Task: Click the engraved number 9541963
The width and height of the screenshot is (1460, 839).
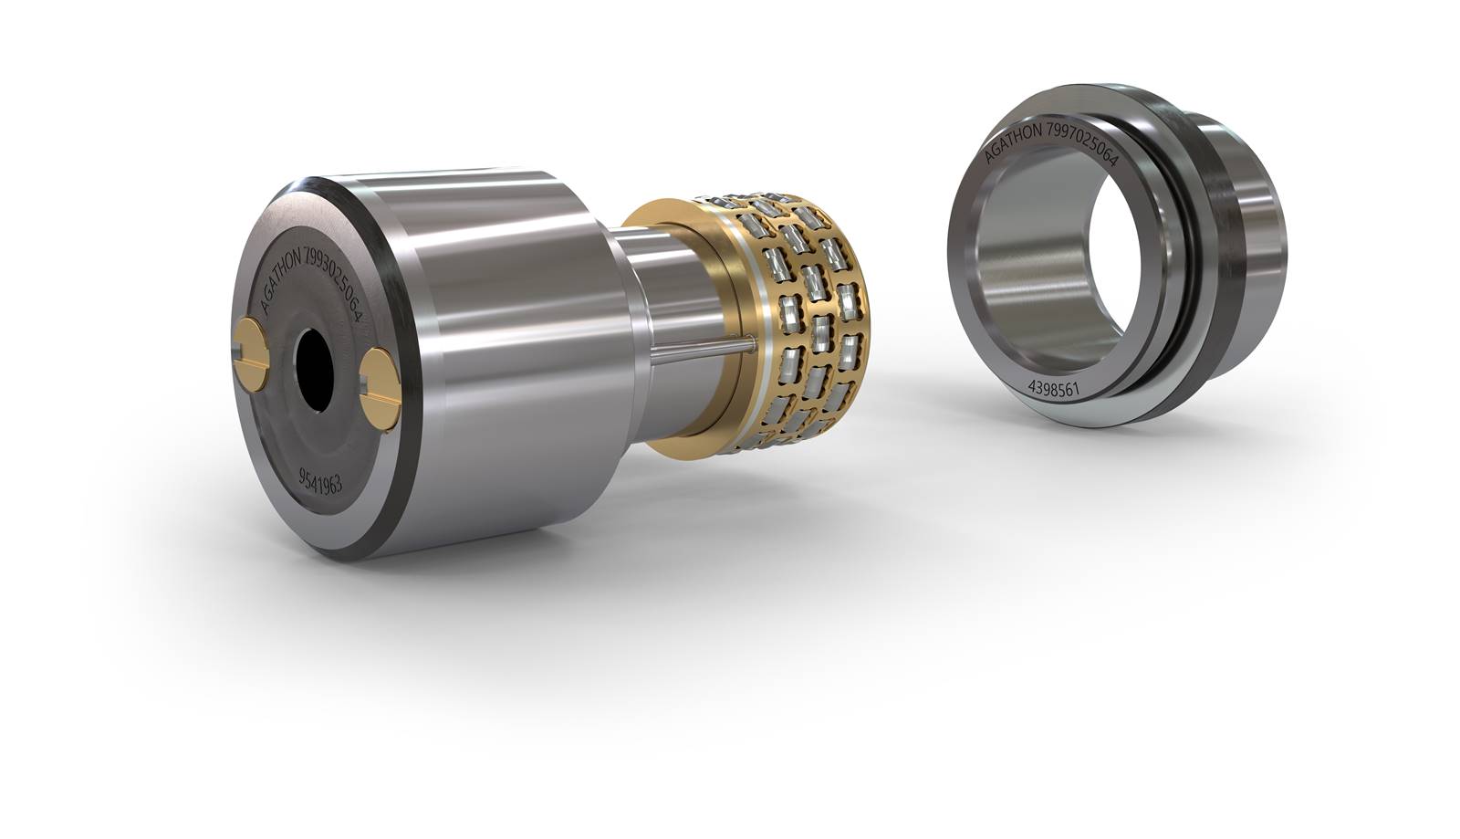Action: click(320, 481)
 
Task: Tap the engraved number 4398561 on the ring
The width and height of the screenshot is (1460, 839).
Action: click(1054, 389)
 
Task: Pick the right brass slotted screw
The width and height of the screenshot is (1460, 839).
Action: click(380, 389)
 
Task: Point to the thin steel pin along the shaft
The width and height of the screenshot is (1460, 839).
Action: click(704, 349)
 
